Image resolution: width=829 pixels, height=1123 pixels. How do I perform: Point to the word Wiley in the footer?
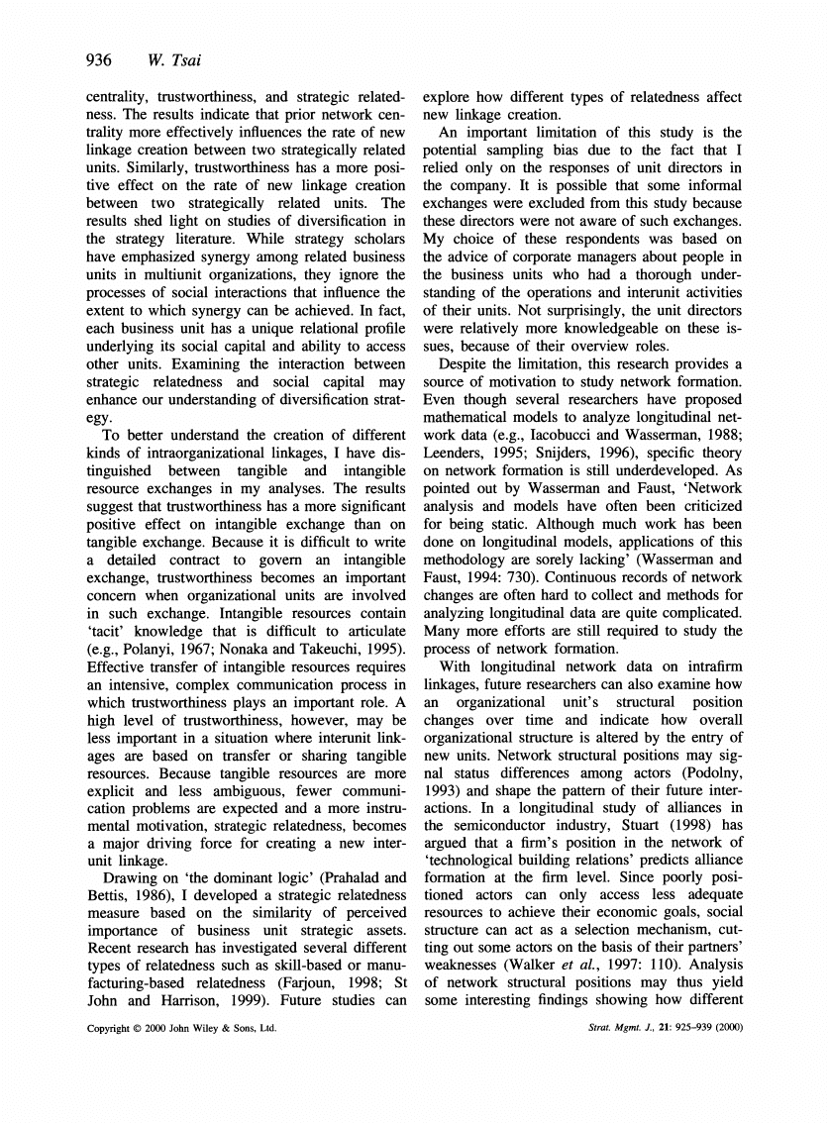coord(207,1057)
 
